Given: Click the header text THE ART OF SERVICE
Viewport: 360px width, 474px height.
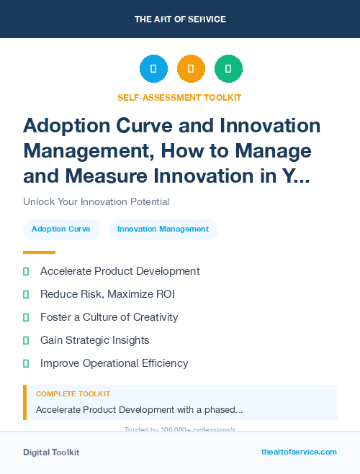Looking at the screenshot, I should pos(180,19).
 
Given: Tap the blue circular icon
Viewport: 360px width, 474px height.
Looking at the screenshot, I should pos(153,69).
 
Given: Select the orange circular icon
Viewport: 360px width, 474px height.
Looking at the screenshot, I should pos(191,69).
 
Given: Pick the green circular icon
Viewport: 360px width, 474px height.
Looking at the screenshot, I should pos(228,69).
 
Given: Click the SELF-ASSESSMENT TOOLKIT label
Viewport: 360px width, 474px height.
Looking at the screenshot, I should pos(179,97).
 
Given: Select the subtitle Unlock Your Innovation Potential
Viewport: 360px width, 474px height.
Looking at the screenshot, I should pos(96,202).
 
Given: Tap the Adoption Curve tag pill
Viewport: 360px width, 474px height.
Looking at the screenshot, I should pos(61,229).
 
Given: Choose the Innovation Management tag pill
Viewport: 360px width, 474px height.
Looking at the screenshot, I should pos(163,229).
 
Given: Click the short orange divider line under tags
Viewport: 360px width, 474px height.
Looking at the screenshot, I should pos(39,252).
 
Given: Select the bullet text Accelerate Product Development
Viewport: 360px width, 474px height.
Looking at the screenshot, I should pos(120,271).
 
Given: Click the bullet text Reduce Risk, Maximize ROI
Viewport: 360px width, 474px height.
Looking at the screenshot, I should pos(107,294).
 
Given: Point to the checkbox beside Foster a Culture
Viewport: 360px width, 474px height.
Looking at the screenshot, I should pos(26,317).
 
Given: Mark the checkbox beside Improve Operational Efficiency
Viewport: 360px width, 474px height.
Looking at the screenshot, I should pos(26,363).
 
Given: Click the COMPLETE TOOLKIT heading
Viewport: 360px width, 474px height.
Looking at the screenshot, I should pos(73,394).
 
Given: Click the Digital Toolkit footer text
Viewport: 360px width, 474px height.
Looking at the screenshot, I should pos(51,452).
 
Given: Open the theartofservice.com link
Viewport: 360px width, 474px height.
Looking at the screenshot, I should pos(299,452).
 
